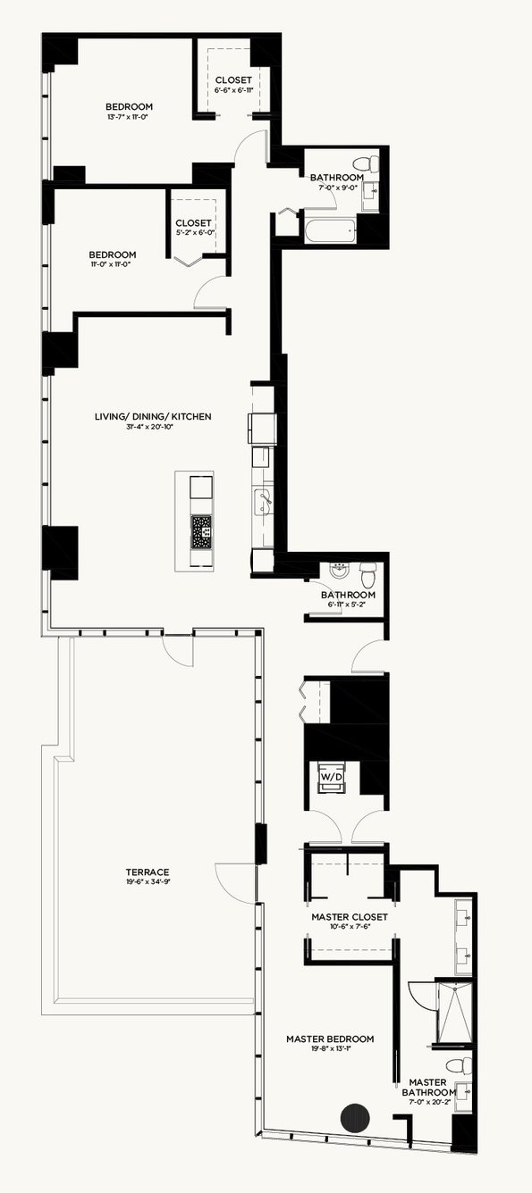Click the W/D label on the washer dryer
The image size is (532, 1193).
(331, 777)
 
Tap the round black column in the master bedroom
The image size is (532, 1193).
(355, 1118)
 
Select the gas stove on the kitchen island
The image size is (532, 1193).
(202, 532)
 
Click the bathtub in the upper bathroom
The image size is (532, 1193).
(330, 230)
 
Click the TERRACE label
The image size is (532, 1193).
(148, 872)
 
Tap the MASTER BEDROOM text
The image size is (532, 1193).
(330, 1039)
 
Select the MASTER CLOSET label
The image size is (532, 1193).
(350, 917)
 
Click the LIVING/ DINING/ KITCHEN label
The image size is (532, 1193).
(153, 416)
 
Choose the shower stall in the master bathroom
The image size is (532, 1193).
(454, 1012)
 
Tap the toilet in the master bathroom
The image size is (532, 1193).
(459, 1065)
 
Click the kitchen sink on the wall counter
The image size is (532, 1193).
(263, 502)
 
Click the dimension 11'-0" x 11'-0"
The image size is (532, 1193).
(113, 263)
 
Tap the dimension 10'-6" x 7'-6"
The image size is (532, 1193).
(350, 926)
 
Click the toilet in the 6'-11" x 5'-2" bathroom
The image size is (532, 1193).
(368, 574)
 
